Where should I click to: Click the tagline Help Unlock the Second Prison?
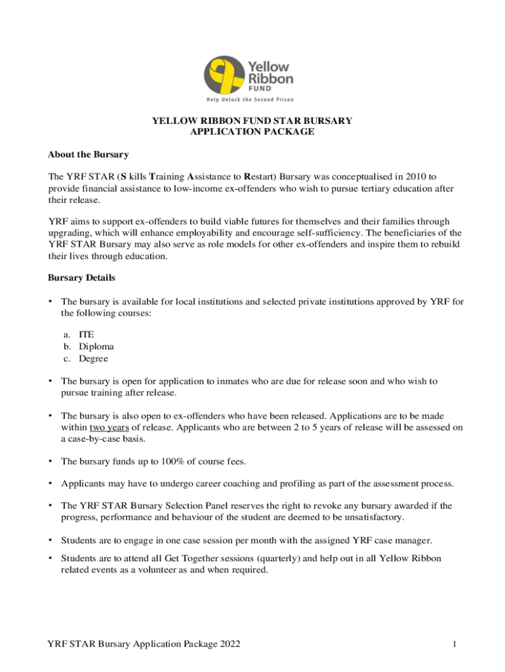click(250, 100)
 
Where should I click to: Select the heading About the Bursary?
click(88, 155)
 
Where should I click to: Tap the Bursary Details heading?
click(81, 278)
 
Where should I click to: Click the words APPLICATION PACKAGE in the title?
click(252, 132)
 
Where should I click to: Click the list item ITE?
click(87, 334)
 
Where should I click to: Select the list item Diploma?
click(96, 346)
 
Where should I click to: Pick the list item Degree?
click(94, 359)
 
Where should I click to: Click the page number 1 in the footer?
click(453, 644)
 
